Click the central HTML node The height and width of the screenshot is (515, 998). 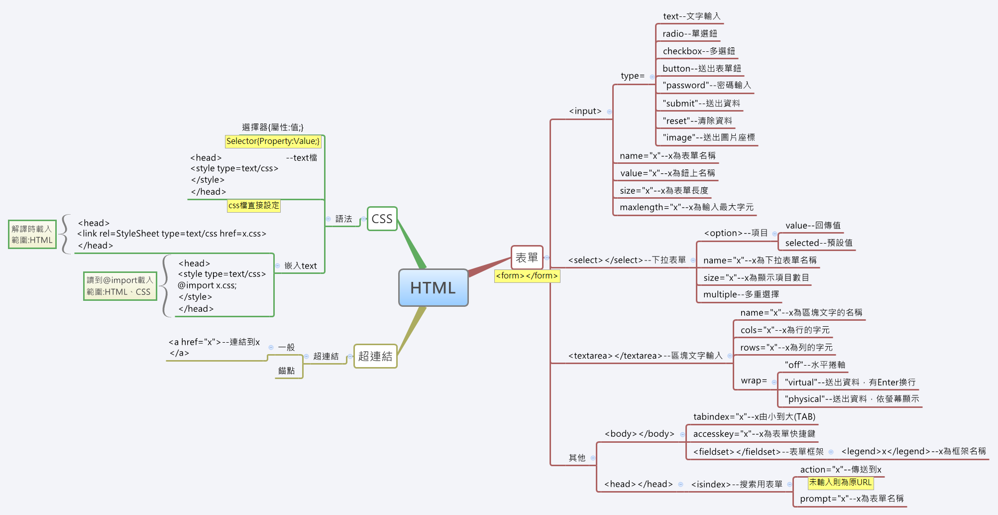[x=433, y=288]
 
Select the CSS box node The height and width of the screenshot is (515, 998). [x=382, y=219]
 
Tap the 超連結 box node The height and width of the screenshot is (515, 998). [x=375, y=356]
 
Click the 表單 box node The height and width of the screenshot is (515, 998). [x=527, y=257]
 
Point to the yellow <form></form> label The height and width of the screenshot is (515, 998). [x=527, y=276]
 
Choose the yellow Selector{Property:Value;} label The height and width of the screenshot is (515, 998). [x=273, y=141]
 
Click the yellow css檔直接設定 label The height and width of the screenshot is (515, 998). [x=254, y=205]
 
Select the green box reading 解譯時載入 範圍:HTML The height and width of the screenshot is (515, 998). [x=32, y=235]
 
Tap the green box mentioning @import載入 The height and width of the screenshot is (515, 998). [x=119, y=286]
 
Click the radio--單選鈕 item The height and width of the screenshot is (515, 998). [x=690, y=34]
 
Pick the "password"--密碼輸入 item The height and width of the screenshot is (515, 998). [x=706, y=85]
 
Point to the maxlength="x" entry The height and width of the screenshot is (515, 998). [x=686, y=207]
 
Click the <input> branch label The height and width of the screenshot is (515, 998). [x=585, y=111]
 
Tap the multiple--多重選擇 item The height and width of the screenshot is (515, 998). [x=741, y=294]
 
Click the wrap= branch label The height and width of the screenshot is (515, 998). [x=754, y=381]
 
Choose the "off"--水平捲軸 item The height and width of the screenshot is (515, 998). [x=815, y=365]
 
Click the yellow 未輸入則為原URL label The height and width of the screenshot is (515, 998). [x=840, y=482]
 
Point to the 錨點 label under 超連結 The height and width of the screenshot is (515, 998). [x=287, y=371]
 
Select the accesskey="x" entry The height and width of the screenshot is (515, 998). [x=754, y=434]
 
